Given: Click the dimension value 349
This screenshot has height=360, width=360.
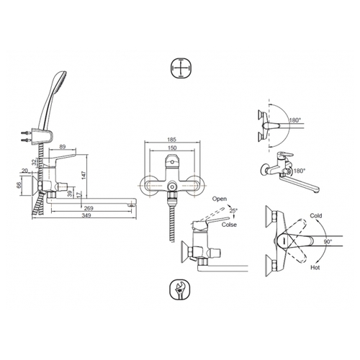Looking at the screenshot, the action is coord(86,215).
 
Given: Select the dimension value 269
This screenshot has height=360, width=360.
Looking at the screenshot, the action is coord(89,208).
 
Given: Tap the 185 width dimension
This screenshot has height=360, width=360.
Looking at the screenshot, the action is coord(172,140).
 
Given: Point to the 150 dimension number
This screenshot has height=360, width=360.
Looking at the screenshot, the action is coord(172,148).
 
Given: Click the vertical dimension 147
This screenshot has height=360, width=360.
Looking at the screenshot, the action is coord(84,175).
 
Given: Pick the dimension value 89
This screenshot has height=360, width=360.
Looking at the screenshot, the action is coord(62,147).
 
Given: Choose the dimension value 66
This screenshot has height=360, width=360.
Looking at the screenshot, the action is coord(19,184).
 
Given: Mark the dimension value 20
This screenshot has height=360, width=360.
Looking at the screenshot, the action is coord(24,171).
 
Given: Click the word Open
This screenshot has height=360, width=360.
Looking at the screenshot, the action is coord(220,199).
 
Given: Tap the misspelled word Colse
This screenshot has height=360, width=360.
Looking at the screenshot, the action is coord(229,225).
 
